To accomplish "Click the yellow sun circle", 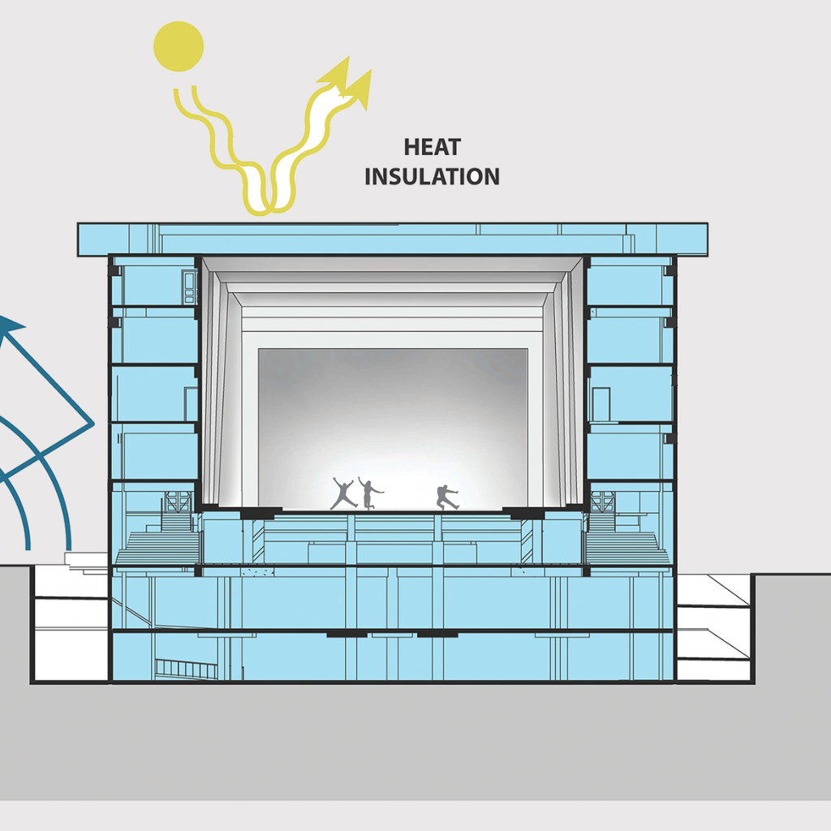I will pyautogui.click(x=178, y=45).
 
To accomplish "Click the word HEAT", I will pyautogui.click(x=433, y=148).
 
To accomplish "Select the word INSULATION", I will pyautogui.click(x=432, y=176).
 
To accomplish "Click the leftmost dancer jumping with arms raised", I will pyautogui.click(x=343, y=493).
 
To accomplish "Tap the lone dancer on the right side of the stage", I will pyautogui.click(x=446, y=497).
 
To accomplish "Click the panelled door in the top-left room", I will pyautogui.click(x=189, y=287).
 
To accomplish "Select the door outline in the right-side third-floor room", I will pyautogui.click(x=601, y=403).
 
